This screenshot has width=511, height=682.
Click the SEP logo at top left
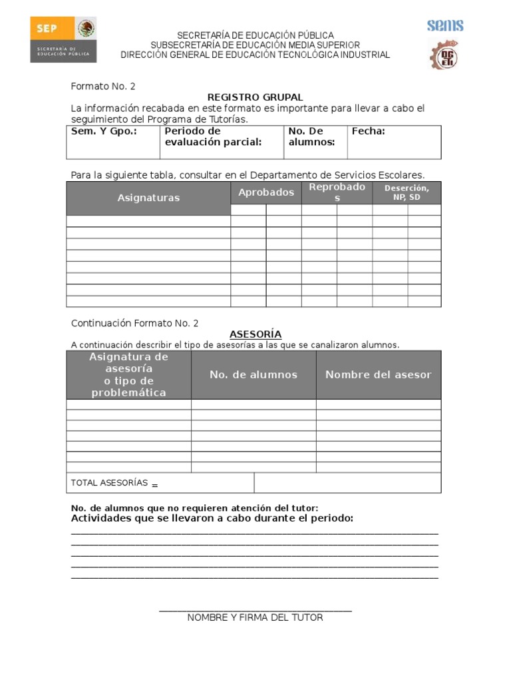coord(63,39)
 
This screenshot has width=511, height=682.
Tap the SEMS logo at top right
coord(445,26)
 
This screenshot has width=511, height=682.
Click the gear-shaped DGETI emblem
coord(442,55)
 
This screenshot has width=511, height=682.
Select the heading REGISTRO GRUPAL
coord(255,97)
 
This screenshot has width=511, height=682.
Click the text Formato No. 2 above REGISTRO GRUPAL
coord(103,87)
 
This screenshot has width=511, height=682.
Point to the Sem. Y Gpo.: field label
coord(104,131)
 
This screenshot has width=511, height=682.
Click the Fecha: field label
coord(368,131)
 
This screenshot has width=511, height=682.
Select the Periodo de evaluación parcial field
coord(213,137)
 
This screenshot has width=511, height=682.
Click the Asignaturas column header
coord(148,198)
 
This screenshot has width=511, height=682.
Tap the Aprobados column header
coord(266,192)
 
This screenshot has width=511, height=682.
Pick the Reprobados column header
coord(337,192)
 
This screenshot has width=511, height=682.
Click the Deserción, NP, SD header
coord(407,193)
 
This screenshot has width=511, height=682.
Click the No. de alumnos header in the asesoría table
coord(254,375)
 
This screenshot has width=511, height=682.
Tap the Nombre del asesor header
coord(378,375)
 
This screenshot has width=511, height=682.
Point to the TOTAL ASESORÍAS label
coord(109,483)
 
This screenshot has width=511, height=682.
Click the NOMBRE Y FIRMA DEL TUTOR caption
coord(255,617)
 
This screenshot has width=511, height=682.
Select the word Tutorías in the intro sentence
coord(226,119)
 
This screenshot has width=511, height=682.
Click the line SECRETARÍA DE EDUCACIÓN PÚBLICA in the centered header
coord(255,35)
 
